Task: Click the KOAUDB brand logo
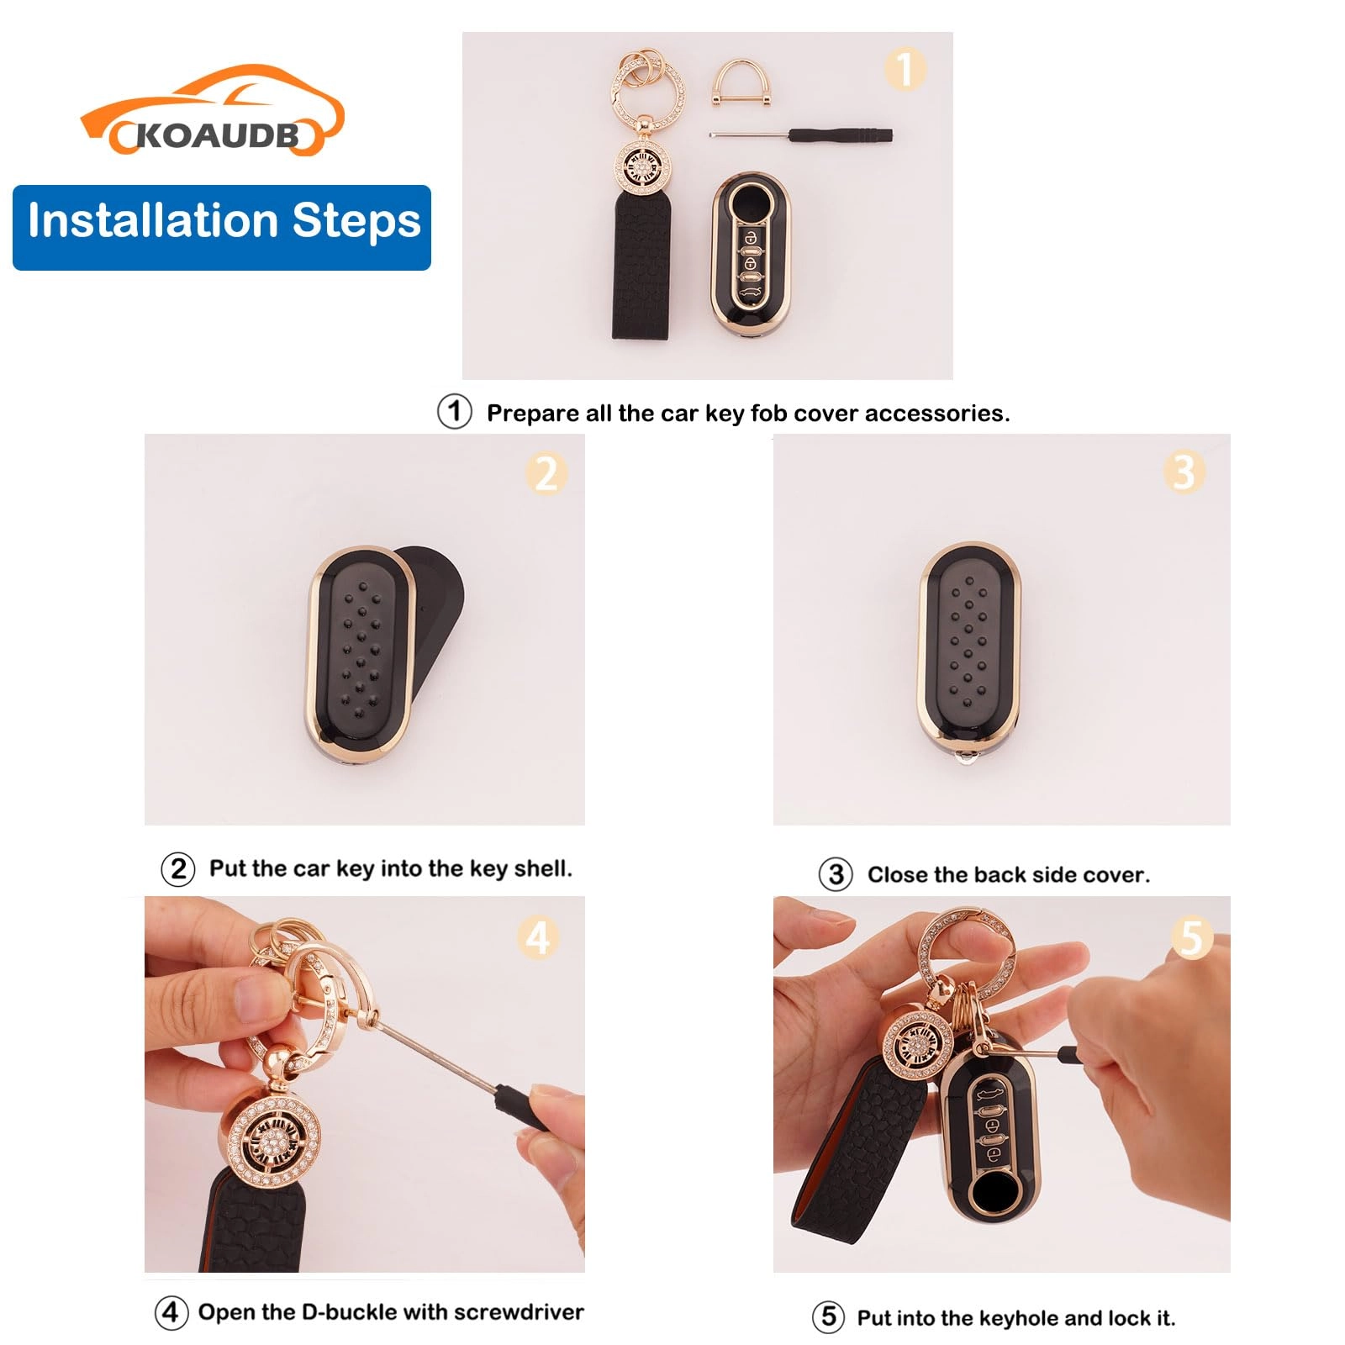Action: click(213, 113)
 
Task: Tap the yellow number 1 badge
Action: click(905, 69)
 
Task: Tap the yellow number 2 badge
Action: click(546, 473)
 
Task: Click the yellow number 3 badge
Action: click(1184, 472)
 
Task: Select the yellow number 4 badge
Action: click(538, 936)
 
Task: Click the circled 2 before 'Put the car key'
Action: click(178, 868)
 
